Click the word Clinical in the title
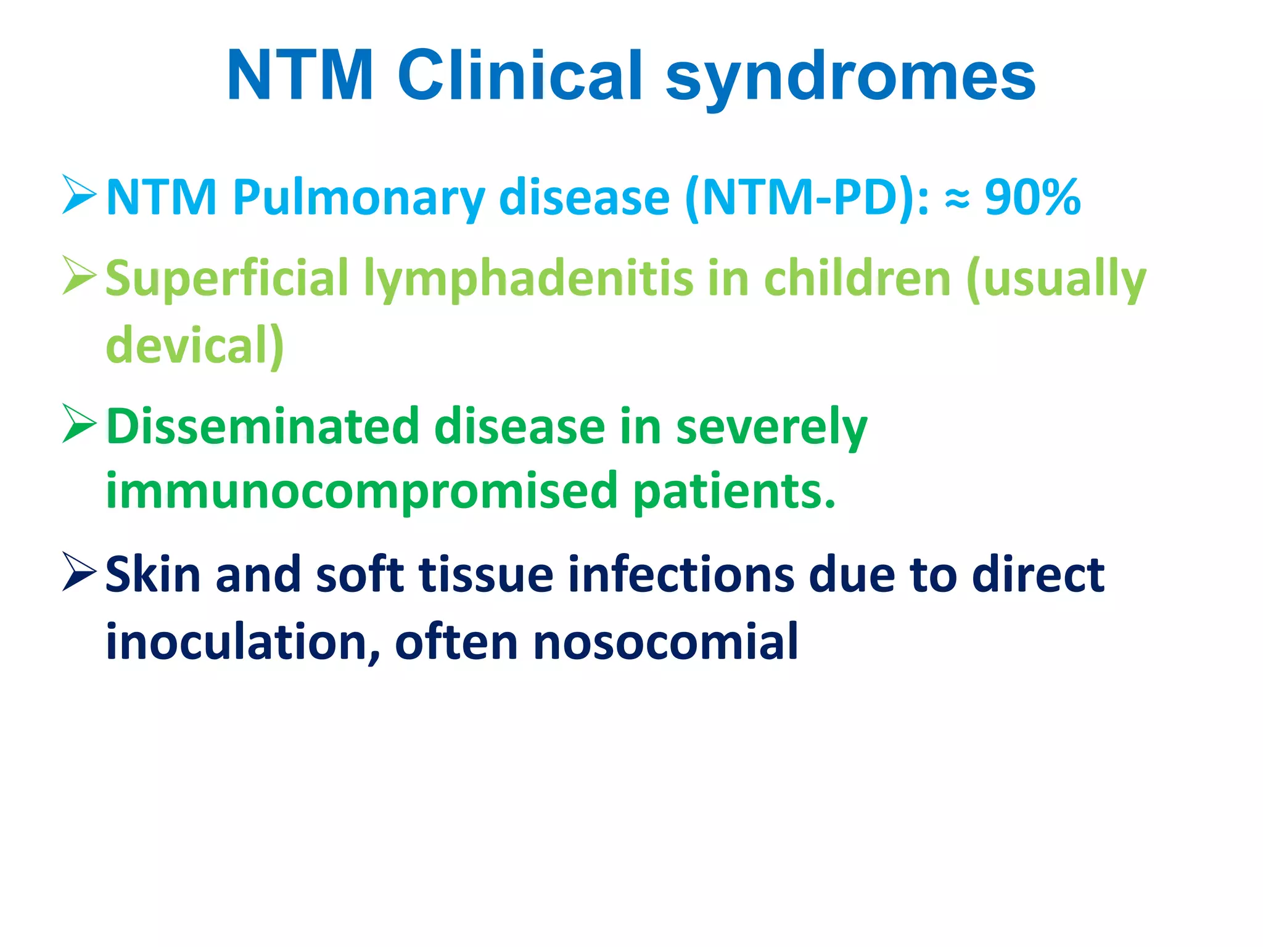[520, 75]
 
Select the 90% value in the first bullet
[1032, 197]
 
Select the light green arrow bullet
[79, 276]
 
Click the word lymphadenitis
[528, 279]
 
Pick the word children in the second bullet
[857, 278]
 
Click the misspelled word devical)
[195, 345]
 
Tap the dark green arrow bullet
[79, 424]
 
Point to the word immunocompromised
[361, 491]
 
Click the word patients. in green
[734, 491]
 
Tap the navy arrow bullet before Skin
[79, 572]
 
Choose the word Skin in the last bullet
[154, 574]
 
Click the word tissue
[487, 574]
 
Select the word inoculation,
[243, 642]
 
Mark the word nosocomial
[665, 642]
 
